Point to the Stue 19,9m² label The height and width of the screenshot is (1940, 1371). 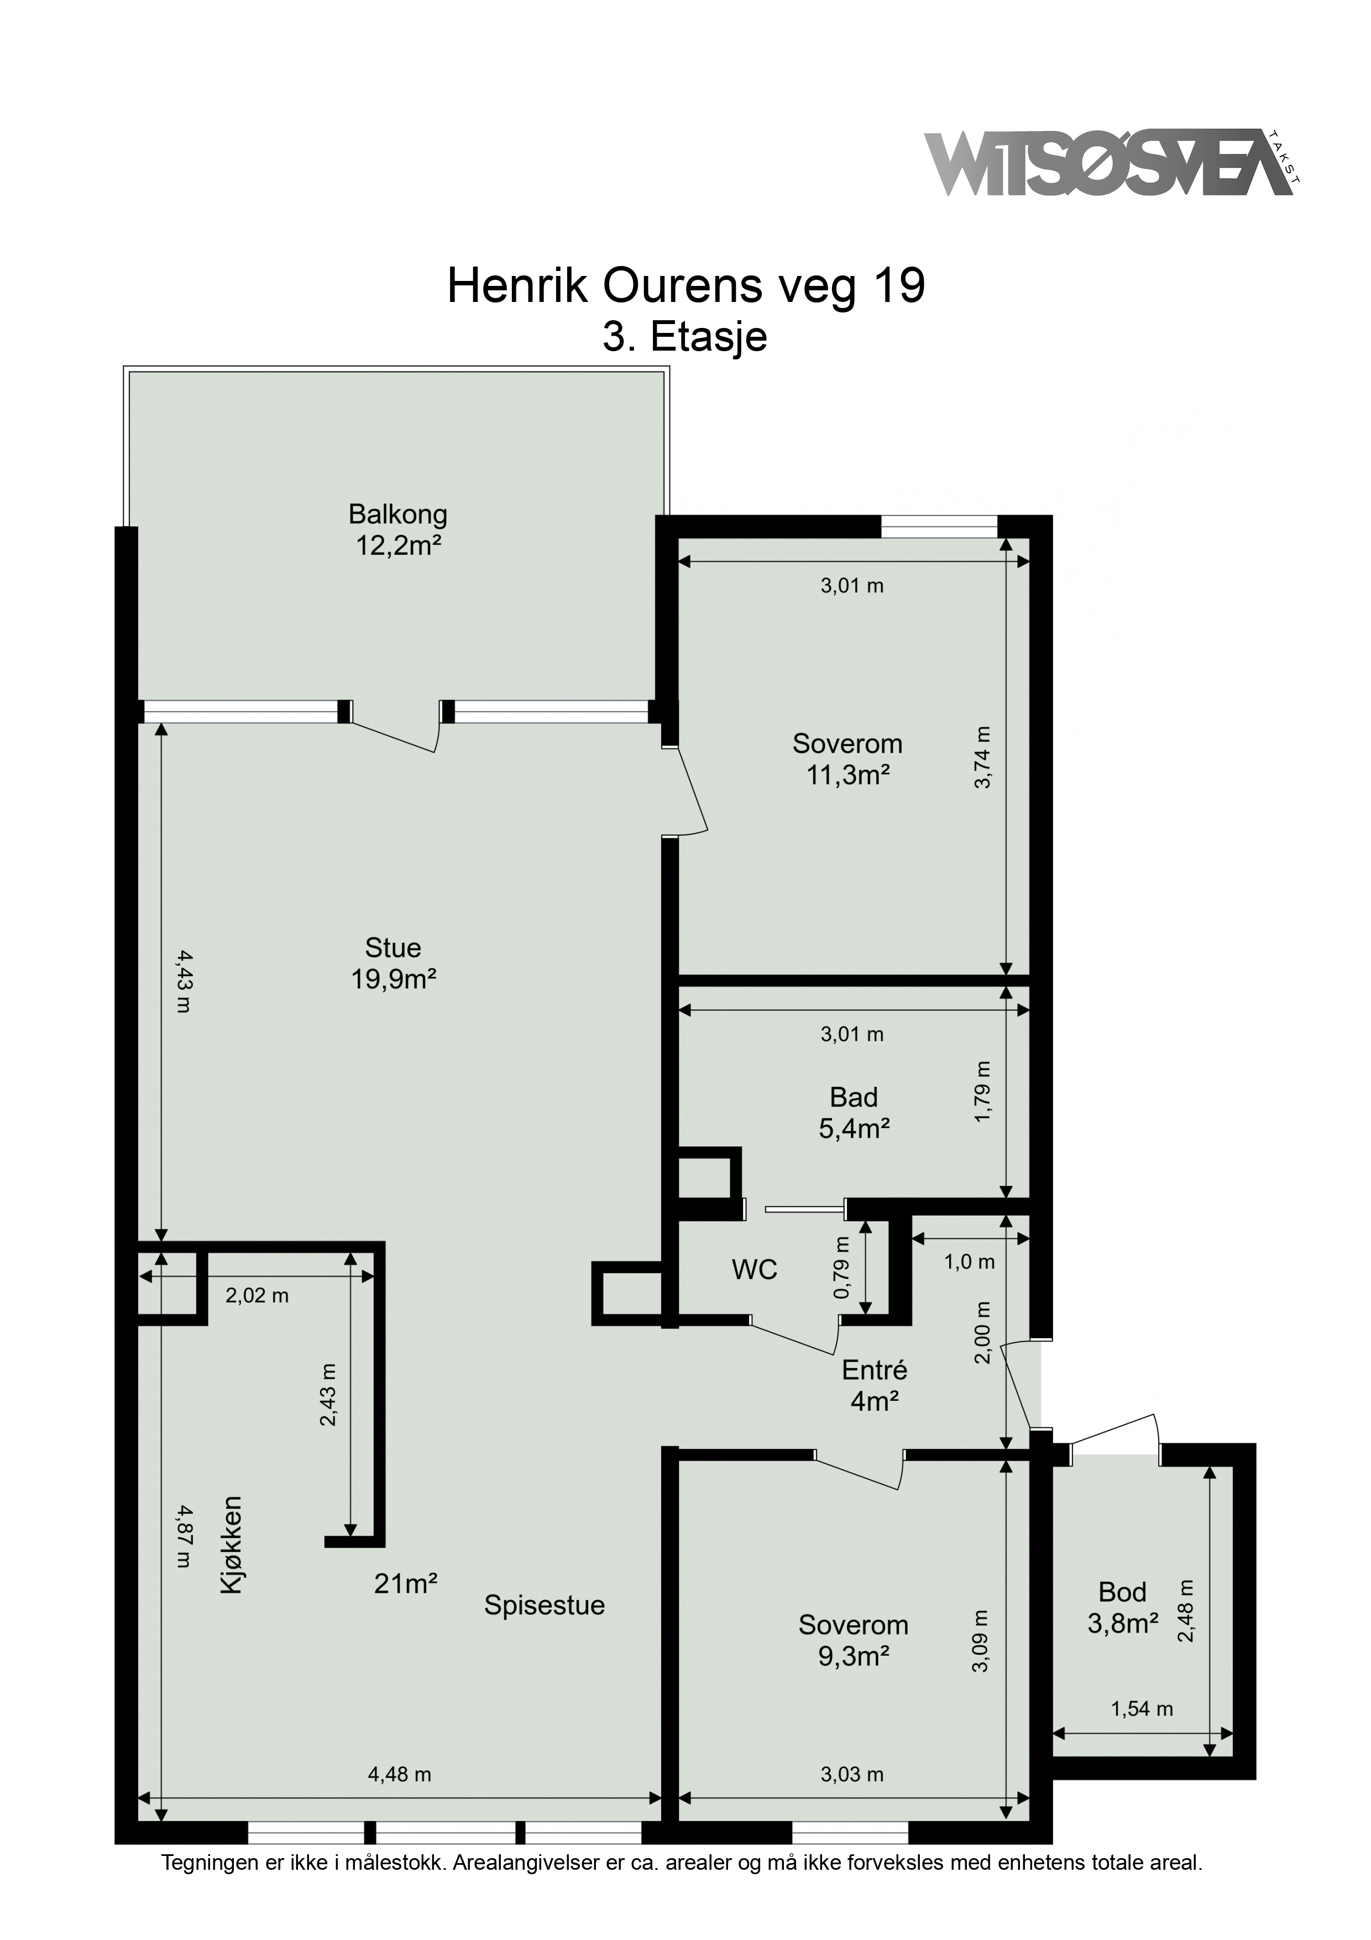pyautogui.click(x=394, y=963)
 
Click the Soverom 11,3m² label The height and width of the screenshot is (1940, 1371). pyautogui.click(x=847, y=759)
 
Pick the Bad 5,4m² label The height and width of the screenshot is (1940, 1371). pyautogui.click(x=854, y=1113)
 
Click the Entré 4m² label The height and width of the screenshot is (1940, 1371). pyautogui.click(x=875, y=1386)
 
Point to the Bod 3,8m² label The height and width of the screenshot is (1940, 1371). pyautogui.click(x=1123, y=1608)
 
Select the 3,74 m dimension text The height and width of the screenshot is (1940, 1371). pyautogui.click(x=982, y=758)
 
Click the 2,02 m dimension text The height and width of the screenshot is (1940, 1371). pyautogui.click(x=257, y=1295)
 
